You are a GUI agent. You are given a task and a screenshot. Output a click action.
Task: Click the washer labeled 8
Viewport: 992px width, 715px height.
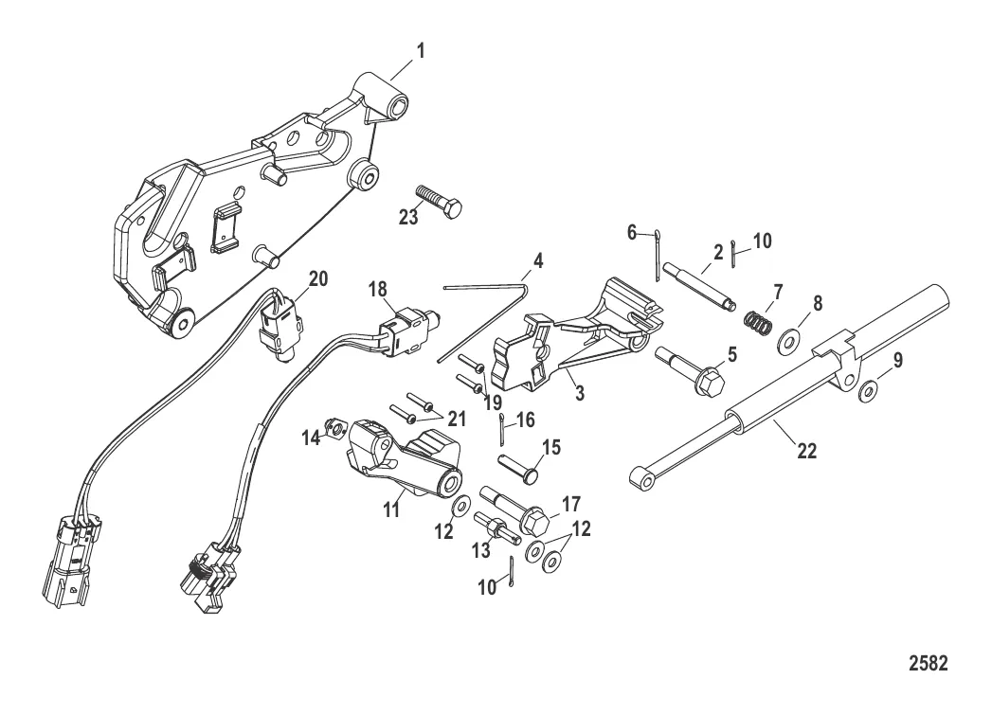coord(788,339)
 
